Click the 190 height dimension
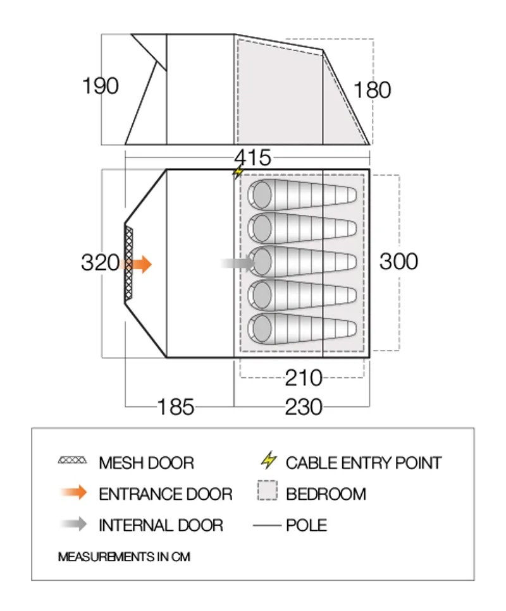point(101,86)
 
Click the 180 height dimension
point(373,90)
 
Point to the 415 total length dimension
point(252,157)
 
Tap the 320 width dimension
point(100,262)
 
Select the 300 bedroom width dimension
point(398,261)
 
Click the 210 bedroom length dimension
point(304,378)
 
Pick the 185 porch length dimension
point(176,407)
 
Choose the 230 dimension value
point(304,407)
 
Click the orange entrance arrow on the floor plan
point(140,264)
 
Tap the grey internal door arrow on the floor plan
point(235,264)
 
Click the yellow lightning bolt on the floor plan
point(238,172)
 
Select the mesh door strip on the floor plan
point(129,262)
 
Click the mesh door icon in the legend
point(72,462)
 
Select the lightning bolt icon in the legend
point(269,461)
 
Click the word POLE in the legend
point(307,525)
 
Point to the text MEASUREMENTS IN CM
point(124,557)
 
